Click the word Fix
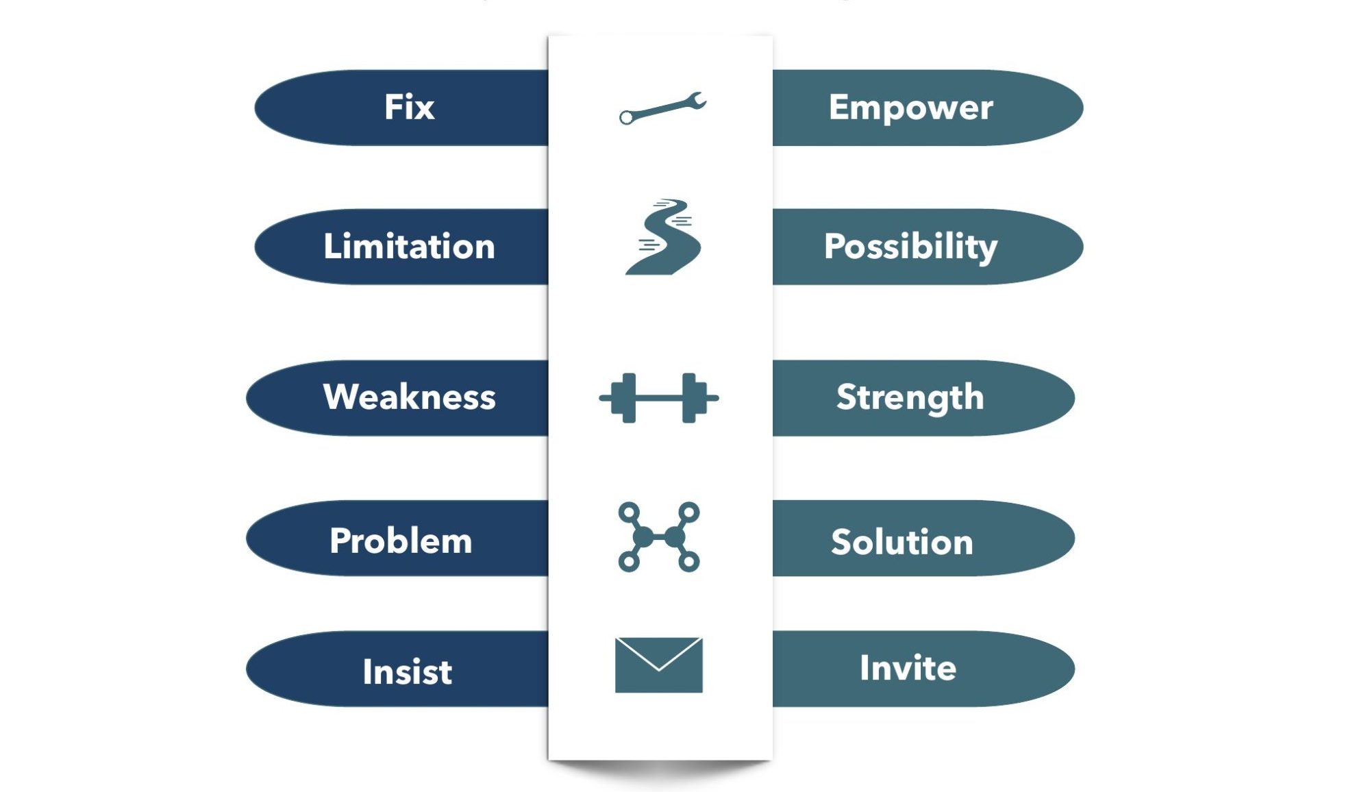(409, 107)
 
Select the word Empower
(910, 108)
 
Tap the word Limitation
(409, 246)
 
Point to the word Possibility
(910, 247)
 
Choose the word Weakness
(409, 397)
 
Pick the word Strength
(910, 398)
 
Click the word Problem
(401, 541)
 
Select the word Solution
(902, 542)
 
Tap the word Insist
(408, 671)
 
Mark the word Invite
(908, 668)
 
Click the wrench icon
(662, 108)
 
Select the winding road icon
(663, 237)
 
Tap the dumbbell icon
(659, 398)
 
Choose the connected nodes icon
(659, 537)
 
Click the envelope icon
(659, 665)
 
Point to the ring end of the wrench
(626, 118)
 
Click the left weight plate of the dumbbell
(625, 398)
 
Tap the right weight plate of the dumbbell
(693, 398)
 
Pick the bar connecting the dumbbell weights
(659, 398)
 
